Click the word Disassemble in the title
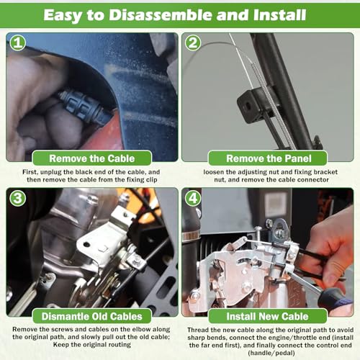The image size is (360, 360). tap(161, 15)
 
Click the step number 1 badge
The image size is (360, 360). tap(17, 42)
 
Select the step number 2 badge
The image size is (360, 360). tap(193, 42)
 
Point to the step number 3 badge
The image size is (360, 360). tap(17, 198)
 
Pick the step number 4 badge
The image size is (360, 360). tap(193, 198)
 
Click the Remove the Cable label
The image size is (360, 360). tap(92, 158)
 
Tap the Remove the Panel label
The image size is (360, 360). tap(269, 158)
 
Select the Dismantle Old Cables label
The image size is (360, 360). tap(92, 316)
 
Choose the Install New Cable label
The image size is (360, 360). tap(267, 316)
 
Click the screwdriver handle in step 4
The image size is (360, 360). tap(336, 300)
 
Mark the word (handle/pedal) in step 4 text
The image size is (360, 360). tap(271, 353)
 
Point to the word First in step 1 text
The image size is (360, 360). tap(30, 172)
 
